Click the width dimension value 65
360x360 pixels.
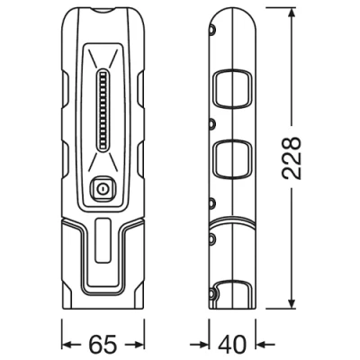[x=103, y=344]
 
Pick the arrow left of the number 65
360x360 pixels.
[x=72, y=344]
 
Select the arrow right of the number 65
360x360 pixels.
[x=136, y=344]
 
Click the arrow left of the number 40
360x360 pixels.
[x=202, y=344]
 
